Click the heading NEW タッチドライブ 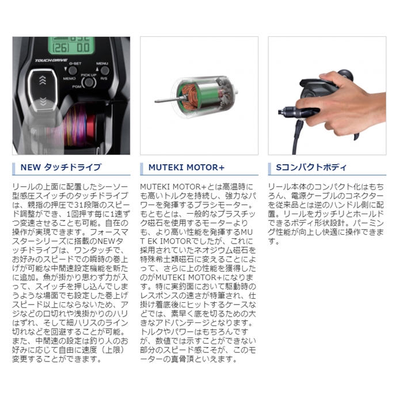pyautogui.click(x=60, y=168)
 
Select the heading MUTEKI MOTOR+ pyautogui.click(x=187, y=168)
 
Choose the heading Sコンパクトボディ pyautogui.click(x=311, y=168)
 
